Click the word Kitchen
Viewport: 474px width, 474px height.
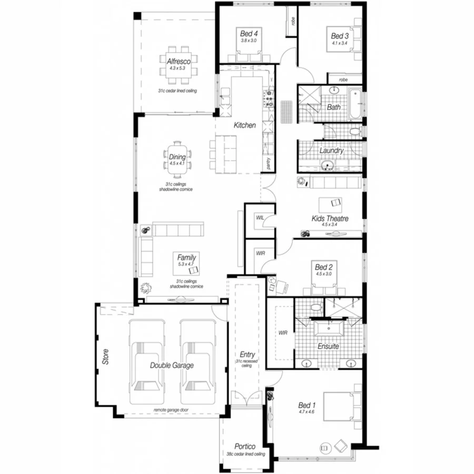(245, 125)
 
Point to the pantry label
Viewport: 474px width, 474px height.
(269, 163)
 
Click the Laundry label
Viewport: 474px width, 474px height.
(332, 151)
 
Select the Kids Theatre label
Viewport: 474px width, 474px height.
(330, 218)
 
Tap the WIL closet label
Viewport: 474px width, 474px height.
(260, 218)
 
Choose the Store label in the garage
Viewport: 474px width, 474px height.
(105, 359)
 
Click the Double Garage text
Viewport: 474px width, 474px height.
(171, 365)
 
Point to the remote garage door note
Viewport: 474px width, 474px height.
(171, 410)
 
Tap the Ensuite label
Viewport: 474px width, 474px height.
(328, 347)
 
